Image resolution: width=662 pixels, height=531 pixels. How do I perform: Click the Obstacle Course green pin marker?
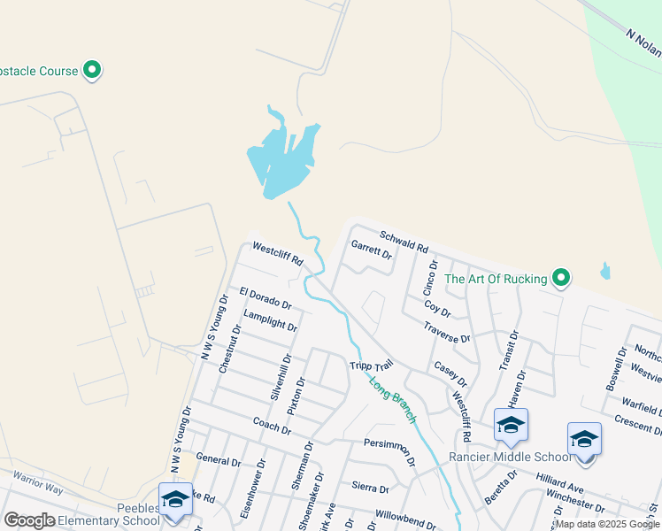(92, 70)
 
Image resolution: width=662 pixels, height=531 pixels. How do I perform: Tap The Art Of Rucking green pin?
(560, 279)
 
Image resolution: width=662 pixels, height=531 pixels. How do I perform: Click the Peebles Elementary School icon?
(174, 500)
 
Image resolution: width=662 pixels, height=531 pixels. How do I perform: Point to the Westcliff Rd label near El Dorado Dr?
(277, 255)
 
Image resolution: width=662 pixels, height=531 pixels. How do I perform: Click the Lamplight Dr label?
(270, 319)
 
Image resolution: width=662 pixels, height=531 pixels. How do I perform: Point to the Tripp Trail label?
(370, 366)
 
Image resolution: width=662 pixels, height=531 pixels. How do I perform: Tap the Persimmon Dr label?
(389, 448)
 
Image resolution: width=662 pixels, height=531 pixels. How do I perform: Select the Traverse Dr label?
(445, 333)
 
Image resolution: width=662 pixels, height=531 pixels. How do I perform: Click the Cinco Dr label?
(429, 278)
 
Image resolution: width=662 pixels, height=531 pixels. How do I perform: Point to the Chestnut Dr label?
(229, 349)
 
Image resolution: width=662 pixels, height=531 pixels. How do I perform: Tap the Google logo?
(29, 520)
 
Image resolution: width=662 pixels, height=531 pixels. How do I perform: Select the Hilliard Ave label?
(559, 481)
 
